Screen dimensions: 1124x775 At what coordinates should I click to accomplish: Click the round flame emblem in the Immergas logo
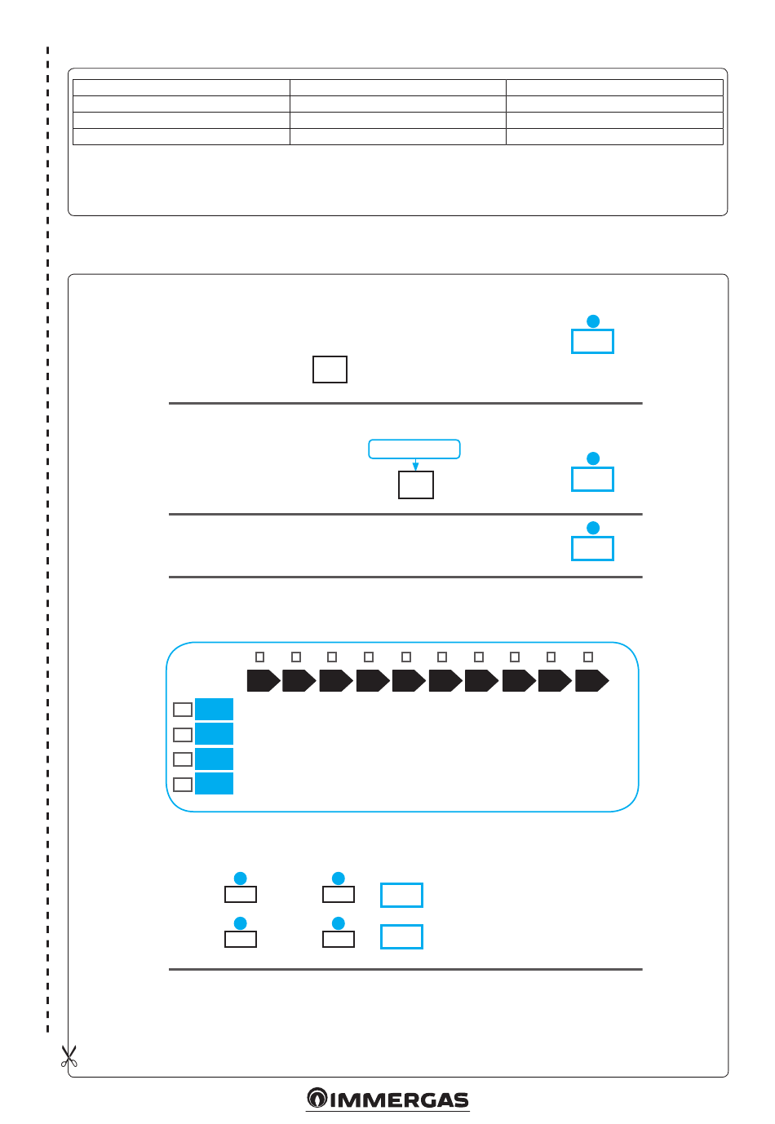[317, 1099]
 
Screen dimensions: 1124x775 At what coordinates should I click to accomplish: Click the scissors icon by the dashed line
[69, 1057]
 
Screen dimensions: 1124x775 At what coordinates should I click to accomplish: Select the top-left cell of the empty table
[181, 88]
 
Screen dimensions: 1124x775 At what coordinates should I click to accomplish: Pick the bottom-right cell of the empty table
[614, 137]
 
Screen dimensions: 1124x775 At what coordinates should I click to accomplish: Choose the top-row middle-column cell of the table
[398, 88]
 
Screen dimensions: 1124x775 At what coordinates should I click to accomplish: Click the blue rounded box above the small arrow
[414, 449]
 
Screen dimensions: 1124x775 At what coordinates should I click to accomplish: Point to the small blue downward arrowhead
[415, 467]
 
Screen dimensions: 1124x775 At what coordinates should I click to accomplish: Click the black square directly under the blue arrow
[416, 485]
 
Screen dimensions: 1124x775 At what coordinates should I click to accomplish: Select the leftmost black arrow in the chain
[263, 680]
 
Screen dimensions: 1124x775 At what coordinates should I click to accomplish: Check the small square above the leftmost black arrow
[260, 657]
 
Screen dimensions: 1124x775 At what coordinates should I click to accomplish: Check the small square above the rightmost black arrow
[588, 657]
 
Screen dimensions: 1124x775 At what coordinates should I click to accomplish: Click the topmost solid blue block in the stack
[214, 709]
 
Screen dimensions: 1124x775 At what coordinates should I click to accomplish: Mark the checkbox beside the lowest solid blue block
[183, 784]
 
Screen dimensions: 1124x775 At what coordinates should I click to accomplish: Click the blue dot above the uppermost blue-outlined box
[593, 321]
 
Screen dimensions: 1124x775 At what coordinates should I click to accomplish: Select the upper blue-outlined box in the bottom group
[401, 895]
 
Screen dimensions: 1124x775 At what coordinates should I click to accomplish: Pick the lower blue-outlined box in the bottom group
[401, 936]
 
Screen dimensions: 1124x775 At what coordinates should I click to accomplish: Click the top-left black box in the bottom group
[241, 894]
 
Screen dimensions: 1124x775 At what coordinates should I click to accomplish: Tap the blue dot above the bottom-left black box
[241, 923]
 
